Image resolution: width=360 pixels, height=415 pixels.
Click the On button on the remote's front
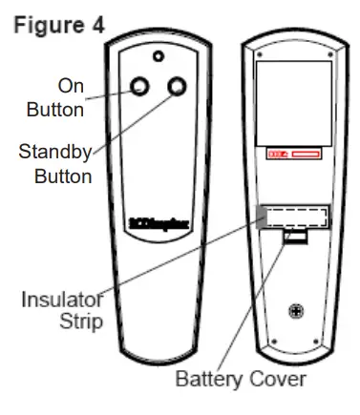tap(140, 87)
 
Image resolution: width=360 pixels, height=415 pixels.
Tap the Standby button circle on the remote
tap(176, 87)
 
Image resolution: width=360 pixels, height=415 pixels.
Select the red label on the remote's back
tap(294, 154)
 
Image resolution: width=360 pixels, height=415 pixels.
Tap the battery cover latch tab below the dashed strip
tap(297, 235)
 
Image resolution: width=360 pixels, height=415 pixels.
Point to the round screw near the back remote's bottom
tap(298, 309)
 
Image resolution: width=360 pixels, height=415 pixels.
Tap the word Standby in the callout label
tap(54, 153)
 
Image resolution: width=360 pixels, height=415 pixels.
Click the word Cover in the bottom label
tap(278, 379)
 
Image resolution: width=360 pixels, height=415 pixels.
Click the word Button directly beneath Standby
tap(62, 176)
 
